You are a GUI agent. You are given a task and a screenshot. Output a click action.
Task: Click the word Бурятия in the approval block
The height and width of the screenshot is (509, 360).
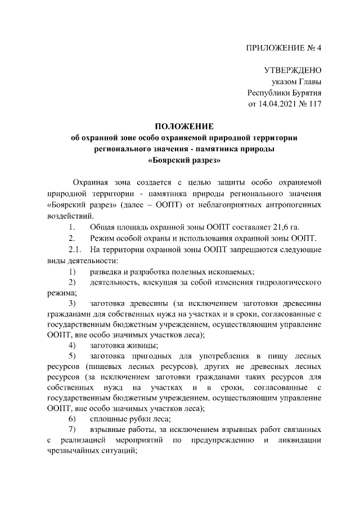303,93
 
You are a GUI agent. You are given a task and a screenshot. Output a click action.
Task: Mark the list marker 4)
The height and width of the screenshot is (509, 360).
72,345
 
